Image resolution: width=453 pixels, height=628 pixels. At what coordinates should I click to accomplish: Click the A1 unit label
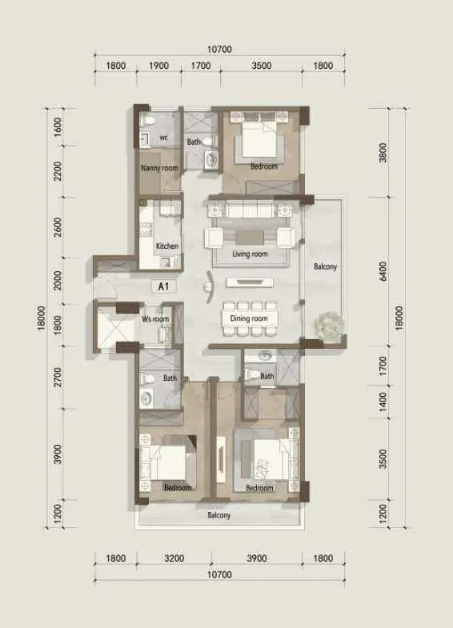pos(163,286)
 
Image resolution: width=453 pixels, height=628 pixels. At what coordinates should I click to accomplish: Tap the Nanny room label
pos(159,168)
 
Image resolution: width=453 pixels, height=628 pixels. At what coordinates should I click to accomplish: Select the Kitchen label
pos(167,246)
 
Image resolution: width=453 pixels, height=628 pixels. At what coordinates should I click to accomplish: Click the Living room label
pos(250,254)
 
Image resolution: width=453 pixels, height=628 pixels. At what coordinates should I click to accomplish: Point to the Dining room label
pos(249,318)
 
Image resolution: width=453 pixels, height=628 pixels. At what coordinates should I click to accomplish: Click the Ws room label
pos(155,319)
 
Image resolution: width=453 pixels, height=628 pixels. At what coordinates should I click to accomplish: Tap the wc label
pos(163,138)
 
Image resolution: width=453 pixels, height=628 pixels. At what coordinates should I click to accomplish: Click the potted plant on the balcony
pos(329,326)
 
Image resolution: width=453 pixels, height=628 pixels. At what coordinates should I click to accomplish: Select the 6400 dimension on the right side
pos(383,271)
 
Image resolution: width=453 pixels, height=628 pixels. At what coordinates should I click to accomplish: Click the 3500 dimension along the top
pos(262,66)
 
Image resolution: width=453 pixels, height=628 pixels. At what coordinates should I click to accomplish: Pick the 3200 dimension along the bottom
pos(174,558)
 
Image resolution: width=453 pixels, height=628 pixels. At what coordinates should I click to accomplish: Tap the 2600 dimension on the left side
pos(58,227)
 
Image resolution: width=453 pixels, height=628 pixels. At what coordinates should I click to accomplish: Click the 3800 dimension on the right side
pos(383,153)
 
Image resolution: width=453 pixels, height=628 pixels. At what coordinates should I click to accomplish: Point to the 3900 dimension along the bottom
pos(257,558)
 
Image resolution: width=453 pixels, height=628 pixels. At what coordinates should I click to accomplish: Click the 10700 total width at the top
pos(219,49)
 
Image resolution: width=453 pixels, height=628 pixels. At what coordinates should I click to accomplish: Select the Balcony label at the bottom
pos(219,515)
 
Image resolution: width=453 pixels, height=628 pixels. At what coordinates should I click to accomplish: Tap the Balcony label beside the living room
pos(325,266)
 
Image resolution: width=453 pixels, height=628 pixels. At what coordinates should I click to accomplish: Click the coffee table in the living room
pos(250,238)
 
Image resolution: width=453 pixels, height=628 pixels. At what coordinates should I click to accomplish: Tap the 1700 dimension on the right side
pos(383,366)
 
